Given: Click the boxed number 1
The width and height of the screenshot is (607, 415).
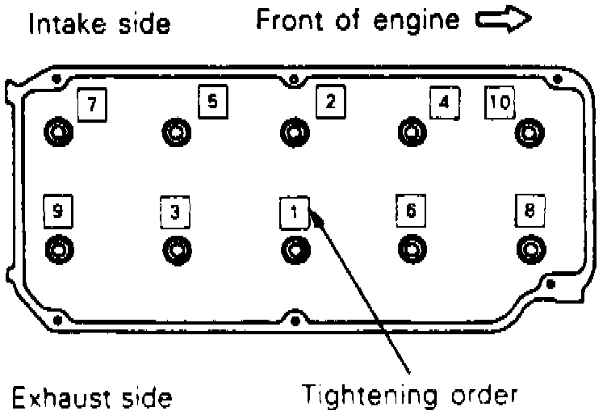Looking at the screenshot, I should pos(294,212).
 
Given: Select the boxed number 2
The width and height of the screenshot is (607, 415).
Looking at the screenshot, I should pos(330,101).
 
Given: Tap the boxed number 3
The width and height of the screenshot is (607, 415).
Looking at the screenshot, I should pos(174,212).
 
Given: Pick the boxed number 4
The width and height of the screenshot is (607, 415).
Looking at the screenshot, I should pos(444,103).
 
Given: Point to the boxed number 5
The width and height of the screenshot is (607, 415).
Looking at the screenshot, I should pos(212,101).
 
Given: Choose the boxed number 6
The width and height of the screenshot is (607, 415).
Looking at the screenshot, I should pos(411,212).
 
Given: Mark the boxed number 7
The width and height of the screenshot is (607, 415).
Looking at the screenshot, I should pos(91,103).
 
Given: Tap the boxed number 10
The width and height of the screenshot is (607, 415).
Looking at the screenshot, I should pos(500,103).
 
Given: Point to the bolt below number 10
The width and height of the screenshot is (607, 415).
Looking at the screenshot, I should pos(529,130).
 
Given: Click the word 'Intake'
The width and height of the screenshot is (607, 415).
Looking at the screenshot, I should pos(65,24).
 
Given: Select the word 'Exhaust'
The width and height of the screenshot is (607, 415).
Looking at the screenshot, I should pos(57,397).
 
